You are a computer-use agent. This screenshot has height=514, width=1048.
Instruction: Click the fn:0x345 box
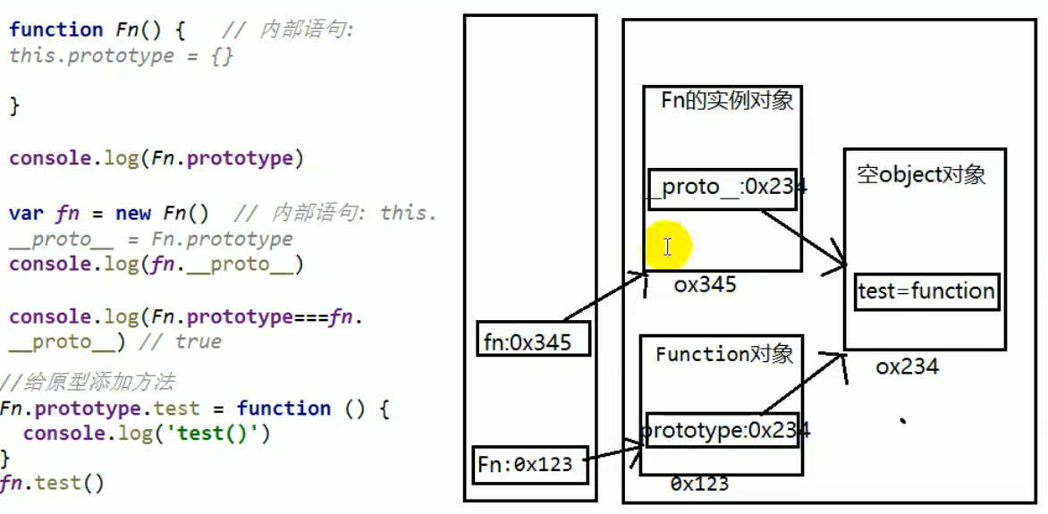coord(533,340)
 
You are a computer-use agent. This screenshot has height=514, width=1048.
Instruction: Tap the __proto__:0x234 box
coord(721,188)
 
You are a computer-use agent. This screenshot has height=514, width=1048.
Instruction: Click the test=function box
coord(925,291)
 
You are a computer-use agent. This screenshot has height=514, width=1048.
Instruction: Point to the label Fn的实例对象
coord(726,100)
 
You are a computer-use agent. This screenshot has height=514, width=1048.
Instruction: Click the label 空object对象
coord(920,174)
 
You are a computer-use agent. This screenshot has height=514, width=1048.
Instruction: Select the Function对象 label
coord(723,354)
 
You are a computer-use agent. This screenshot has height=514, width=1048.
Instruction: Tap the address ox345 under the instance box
coord(705,284)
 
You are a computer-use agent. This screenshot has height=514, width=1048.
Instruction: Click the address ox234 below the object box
coord(907,366)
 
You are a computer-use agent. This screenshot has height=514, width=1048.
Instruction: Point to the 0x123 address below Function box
coord(699,484)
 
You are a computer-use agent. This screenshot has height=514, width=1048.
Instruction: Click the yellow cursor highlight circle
coord(667,246)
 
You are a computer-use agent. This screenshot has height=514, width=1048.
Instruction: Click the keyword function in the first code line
coord(55,29)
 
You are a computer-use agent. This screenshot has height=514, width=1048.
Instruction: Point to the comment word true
coord(198,341)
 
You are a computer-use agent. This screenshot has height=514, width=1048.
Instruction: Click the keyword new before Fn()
coord(133,214)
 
